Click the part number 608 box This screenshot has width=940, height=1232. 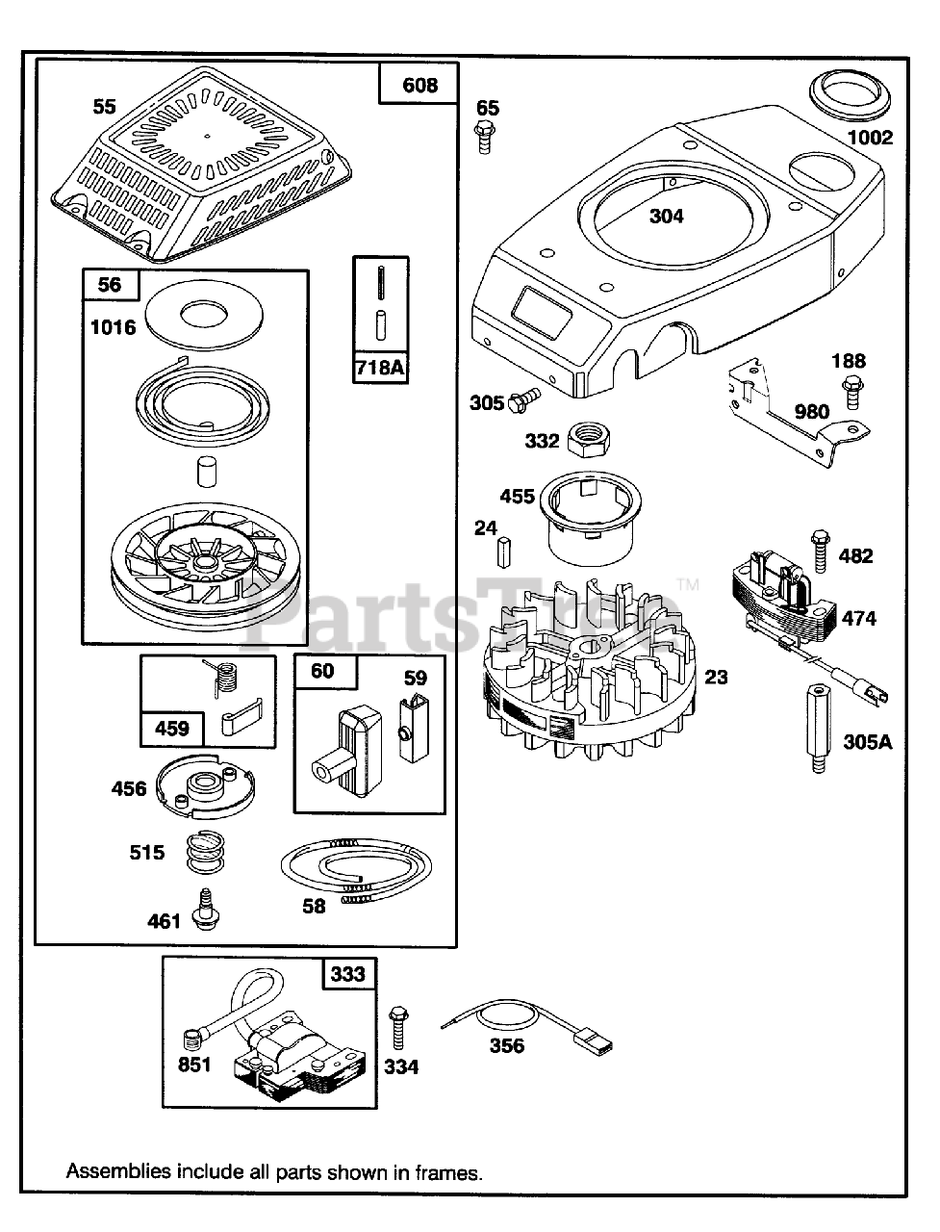click(x=419, y=86)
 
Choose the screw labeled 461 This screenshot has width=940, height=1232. click(x=204, y=911)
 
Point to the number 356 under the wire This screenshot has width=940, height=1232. click(x=506, y=1045)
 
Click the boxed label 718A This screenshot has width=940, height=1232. click(x=381, y=367)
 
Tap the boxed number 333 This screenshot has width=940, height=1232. click(x=348, y=974)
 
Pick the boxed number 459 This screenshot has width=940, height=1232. click(x=172, y=728)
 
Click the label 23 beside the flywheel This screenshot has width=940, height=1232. click(x=716, y=678)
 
